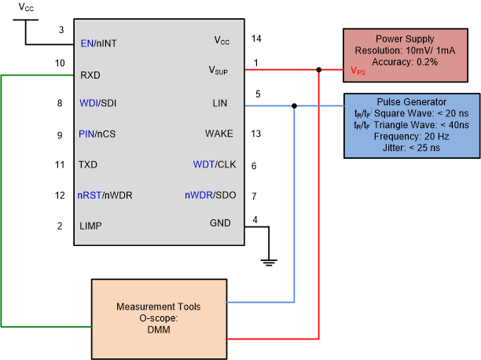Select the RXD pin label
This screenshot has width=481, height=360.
click(90, 77)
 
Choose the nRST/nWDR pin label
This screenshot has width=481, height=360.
click(105, 195)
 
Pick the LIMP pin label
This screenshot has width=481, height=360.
click(91, 226)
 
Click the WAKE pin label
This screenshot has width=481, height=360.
click(218, 134)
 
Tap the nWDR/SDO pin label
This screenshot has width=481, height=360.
click(209, 195)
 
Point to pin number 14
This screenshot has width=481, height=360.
click(256, 38)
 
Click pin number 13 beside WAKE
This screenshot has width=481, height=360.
click(256, 134)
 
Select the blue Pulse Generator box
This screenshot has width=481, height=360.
click(412, 126)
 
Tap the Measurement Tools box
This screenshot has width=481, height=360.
click(158, 312)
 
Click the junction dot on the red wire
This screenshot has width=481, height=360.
click(318, 70)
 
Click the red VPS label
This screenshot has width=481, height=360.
click(357, 71)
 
